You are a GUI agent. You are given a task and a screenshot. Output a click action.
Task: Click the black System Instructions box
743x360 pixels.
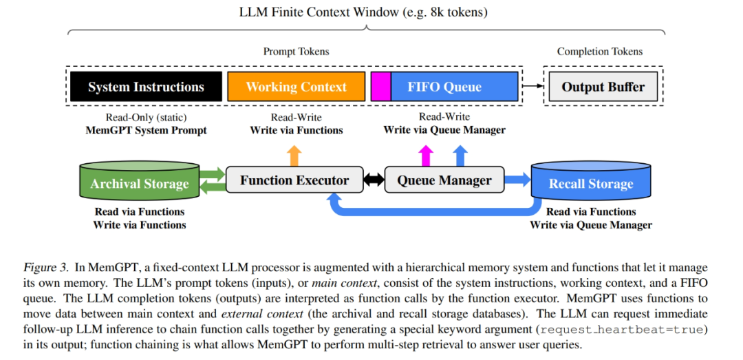pyautogui.click(x=146, y=87)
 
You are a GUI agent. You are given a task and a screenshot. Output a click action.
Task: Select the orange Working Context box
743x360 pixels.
pyautogui.click(x=296, y=87)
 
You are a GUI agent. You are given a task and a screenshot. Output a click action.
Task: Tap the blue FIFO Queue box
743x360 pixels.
pyautogui.click(x=454, y=87)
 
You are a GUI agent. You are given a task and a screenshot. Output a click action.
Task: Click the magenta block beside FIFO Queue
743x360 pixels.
pyautogui.click(x=380, y=87)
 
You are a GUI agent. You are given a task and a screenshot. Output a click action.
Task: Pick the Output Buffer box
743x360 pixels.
pyautogui.click(x=603, y=87)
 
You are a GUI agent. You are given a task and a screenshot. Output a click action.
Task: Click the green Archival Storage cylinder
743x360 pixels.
pyautogui.click(x=139, y=183)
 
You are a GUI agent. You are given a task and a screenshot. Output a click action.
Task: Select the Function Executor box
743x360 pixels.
pyautogui.click(x=294, y=181)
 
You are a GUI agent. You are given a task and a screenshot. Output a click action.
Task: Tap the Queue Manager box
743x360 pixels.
pyautogui.click(x=444, y=181)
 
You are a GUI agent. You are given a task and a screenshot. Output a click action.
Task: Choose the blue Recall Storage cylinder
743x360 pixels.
pyautogui.click(x=591, y=183)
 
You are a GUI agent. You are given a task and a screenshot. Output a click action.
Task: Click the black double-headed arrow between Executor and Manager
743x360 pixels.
pyautogui.click(x=374, y=181)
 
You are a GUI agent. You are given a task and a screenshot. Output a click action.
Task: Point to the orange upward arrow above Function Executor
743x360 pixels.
pyautogui.click(x=294, y=155)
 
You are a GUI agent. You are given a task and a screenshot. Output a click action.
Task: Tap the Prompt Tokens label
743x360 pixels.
pyautogui.click(x=296, y=52)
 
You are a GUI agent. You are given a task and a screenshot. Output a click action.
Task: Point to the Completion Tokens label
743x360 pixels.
pyautogui.click(x=599, y=52)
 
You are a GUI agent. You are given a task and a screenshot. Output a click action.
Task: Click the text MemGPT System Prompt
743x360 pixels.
pyautogui.click(x=146, y=130)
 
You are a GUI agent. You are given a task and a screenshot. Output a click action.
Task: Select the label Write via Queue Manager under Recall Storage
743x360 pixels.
pyautogui.click(x=591, y=225)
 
